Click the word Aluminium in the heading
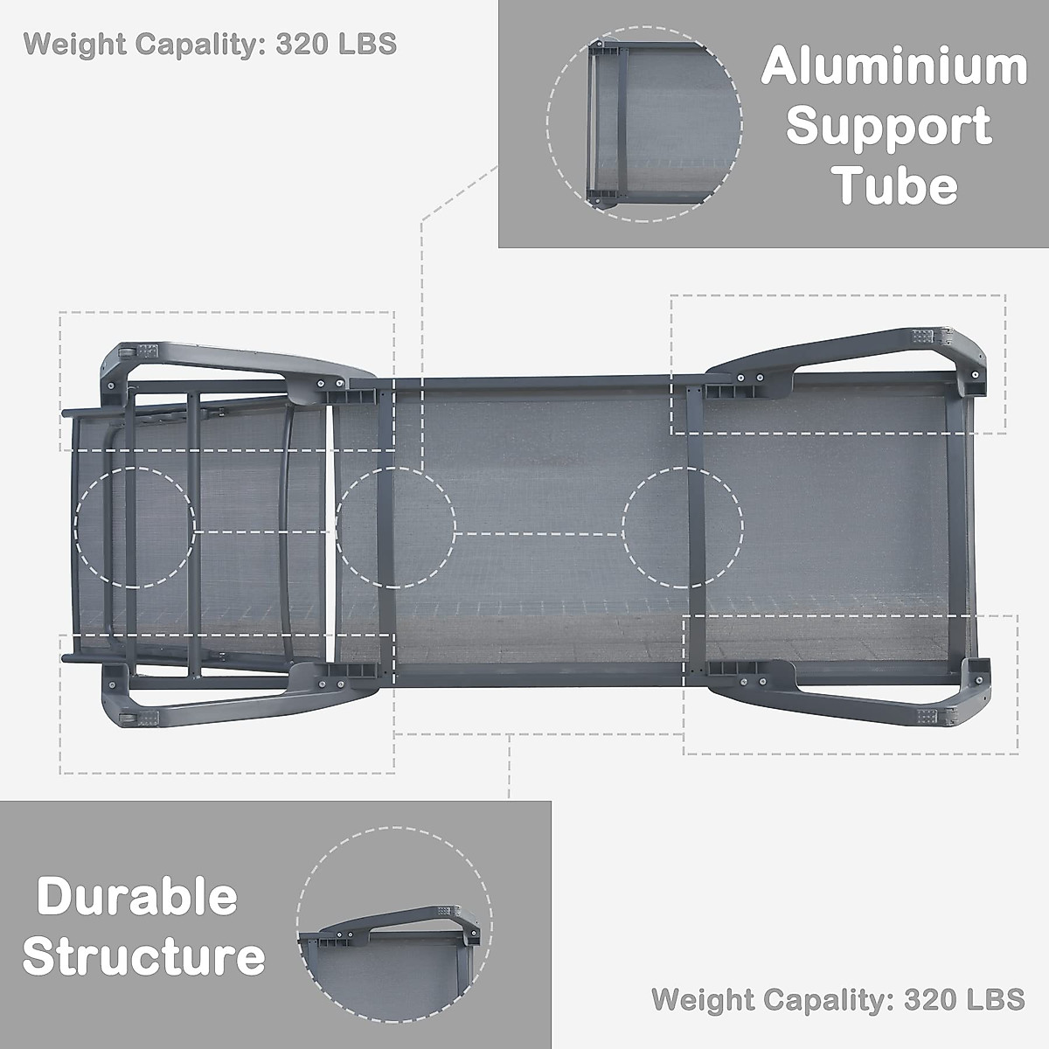pos(893,66)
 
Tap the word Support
pos(889,128)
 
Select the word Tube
pos(894,185)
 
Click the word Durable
pos(137,898)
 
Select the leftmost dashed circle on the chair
pos(135,526)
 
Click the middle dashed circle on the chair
pos(396,526)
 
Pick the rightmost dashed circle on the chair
pos(683,526)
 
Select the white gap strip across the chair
pos(330,524)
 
